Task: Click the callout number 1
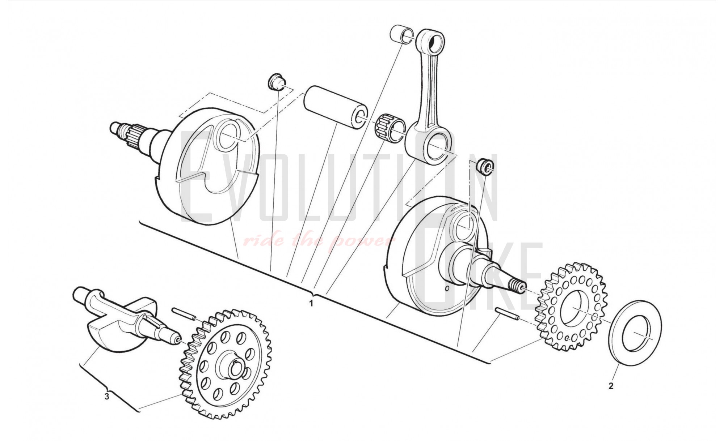311,303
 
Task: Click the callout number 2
611,386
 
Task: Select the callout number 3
107,397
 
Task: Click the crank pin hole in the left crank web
227,136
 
